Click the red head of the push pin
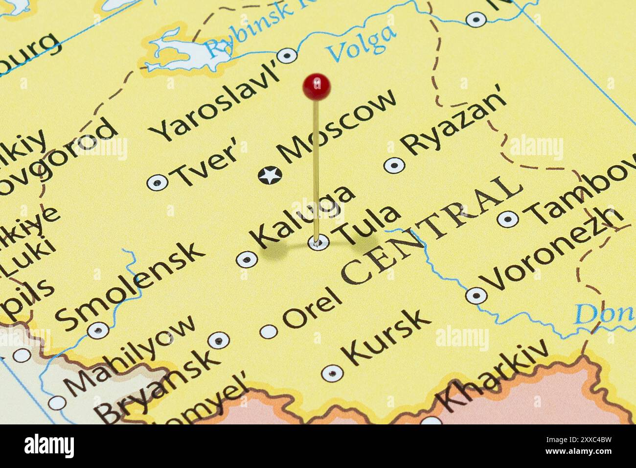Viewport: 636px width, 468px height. pyautogui.click(x=317, y=87)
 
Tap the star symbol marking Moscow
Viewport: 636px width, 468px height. pyautogui.click(x=270, y=175)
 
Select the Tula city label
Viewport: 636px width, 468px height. pyautogui.click(x=366, y=225)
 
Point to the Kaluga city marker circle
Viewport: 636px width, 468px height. pyautogui.click(x=247, y=259)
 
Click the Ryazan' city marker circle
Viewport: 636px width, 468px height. pyautogui.click(x=394, y=165)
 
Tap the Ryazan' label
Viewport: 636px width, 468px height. pyautogui.click(x=453, y=126)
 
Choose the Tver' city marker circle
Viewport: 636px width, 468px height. pyautogui.click(x=157, y=183)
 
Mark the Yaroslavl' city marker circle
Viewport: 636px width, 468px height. pyautogui.click(x=287, y=55)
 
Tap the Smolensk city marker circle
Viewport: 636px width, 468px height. pyautogui.click(x=98, y=330)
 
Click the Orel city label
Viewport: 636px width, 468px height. pyautogui.click(x=312, y=308)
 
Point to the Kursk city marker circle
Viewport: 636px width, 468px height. pyautogui.click(x=332, y=374)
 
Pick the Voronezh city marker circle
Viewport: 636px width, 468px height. pyautogui.click(x=476, y=295)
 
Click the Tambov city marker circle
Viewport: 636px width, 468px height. pyautogui.click(x=508, y=218)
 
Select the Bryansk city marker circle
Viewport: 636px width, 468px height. pyautogui.click(x=218, y=340)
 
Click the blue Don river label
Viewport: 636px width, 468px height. pyautogui.click(x=604, y=313)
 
